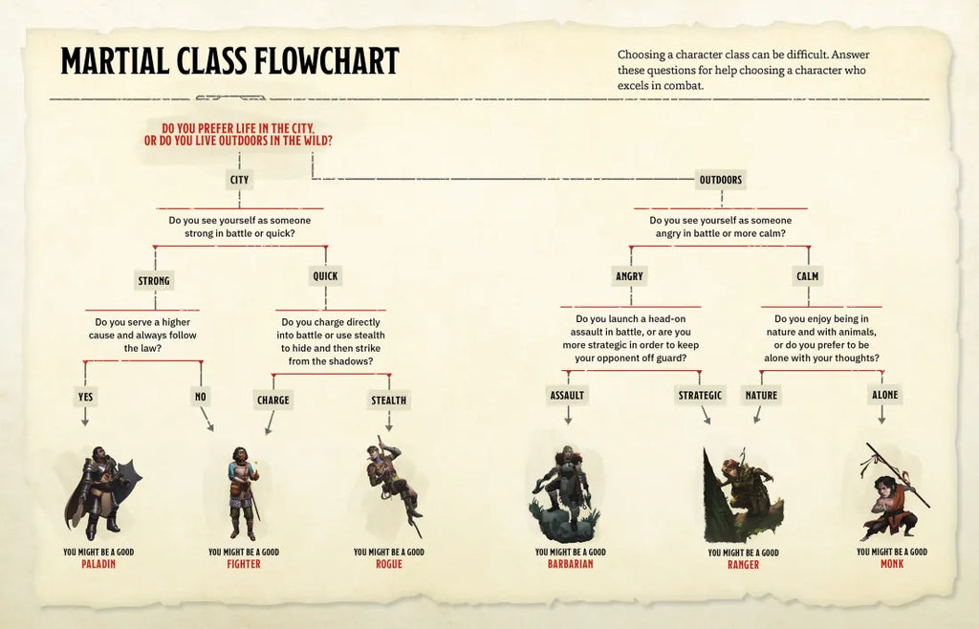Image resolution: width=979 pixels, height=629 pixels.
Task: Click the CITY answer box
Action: tap(239, 180)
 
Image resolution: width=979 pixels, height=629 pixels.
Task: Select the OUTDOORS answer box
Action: tap(721, 180)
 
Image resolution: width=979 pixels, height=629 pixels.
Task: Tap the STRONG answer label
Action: tap(154, 281)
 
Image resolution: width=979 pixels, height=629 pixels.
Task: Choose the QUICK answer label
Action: tap(325, 276)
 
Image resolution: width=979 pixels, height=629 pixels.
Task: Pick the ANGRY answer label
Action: tap(629, 276)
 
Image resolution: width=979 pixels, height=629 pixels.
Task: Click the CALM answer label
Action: tap(807, 276)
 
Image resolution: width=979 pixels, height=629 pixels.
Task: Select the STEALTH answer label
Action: tap(389, 400)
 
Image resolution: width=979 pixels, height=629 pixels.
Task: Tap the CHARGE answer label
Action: tap(272, 400)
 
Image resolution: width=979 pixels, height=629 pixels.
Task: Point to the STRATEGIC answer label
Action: tap(700, 395)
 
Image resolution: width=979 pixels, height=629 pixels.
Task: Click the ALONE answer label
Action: tap(884, 395)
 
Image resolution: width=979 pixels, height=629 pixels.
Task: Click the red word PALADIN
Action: tap(98, 564)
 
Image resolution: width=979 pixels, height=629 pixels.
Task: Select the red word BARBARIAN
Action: tap(570, 564)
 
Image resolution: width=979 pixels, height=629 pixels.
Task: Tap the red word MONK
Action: tap(892, 563)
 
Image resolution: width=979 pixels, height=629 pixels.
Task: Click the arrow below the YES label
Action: tap(85, 417)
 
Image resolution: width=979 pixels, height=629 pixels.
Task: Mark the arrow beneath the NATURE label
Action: tap(758, 414)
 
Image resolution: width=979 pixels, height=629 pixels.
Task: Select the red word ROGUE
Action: tap(389, 564)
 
